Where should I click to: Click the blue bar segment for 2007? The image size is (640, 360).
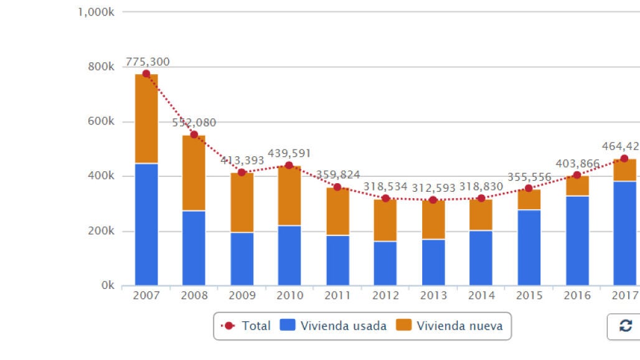click(x=146, y=224)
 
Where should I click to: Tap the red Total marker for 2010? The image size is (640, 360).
click(x=289, y=165)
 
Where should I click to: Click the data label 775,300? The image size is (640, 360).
click(x=148, y=62)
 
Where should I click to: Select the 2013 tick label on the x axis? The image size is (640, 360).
click(x=433, y=295)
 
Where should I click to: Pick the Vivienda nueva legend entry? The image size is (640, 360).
click(x=451, y=325)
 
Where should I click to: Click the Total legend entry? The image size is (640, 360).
click(x=247, y=325)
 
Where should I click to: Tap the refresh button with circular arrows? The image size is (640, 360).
click(x=625, y=326)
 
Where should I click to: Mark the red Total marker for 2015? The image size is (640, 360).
click(x=529, y=188)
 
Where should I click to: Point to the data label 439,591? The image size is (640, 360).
click(x=289, y=153)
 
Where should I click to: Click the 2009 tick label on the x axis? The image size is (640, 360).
click(x=242, y=295)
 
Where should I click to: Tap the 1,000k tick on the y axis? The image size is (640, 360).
click(x=96, y=12)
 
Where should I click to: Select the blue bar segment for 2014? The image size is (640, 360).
click(x=481, y=258)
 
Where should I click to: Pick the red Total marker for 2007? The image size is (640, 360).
click(x=146, y=73)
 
